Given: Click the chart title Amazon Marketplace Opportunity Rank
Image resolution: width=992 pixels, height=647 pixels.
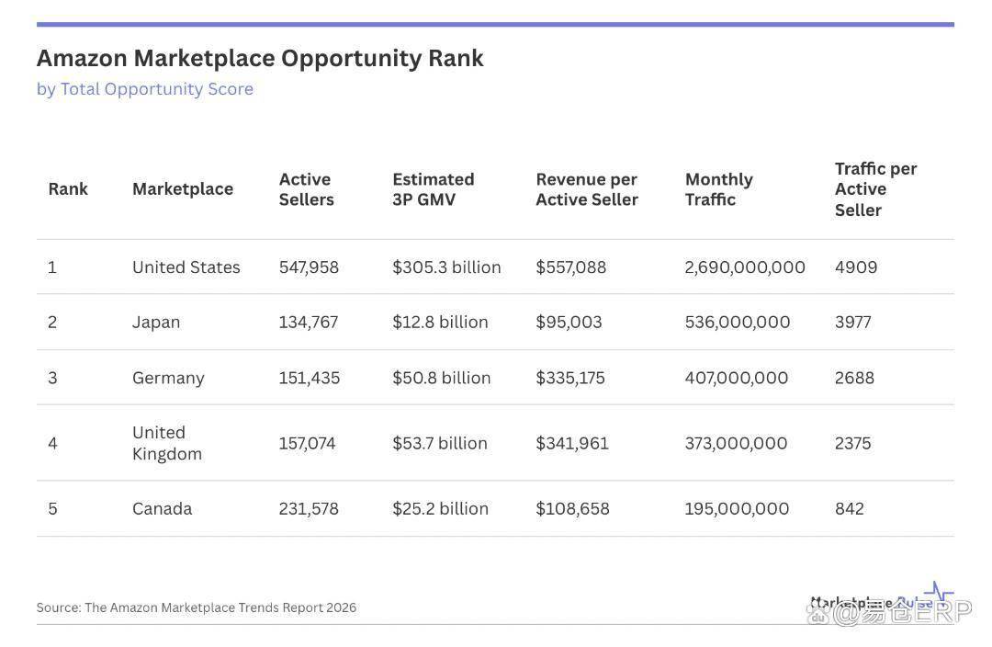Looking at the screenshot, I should [x=260, y=59].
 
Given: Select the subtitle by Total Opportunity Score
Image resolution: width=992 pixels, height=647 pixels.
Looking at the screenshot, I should [x=145, y=89].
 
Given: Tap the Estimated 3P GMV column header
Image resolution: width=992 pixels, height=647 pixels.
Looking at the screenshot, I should [x=433, y=189].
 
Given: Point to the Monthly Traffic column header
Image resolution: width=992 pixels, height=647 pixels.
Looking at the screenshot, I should [x=718, y=189].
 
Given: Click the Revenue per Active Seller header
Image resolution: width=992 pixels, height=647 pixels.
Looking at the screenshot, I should [x=586, y=189].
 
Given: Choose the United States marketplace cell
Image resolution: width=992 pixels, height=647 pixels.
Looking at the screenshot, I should [x=186, y=267].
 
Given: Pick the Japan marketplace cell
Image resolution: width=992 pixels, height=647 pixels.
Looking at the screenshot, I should [x=156, y=323].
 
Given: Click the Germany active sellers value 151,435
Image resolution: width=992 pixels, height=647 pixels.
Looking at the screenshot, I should [x=309, y=378].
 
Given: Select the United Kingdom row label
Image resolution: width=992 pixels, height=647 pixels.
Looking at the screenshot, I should [x=166, y=443].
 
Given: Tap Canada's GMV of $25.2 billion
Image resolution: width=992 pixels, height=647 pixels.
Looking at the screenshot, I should [x=440, y=508].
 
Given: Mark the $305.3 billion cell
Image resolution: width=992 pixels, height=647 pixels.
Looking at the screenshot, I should [x=446, y=267].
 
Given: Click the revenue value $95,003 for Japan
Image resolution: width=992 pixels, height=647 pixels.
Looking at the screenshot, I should [x=569, y=323].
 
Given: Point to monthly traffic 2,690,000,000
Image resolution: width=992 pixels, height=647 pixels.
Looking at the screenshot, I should [x=744, y=267].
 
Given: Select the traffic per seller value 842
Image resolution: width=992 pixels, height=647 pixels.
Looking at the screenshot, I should [x=849, y=508].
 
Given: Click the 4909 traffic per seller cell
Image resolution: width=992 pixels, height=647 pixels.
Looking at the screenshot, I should [x=855, y=267].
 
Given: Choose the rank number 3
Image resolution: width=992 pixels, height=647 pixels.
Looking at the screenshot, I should [x=52, y=378].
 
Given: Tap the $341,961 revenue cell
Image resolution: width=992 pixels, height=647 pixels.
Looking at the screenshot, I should [x=571, y=443].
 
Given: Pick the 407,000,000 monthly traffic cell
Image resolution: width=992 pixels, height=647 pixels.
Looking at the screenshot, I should [x=736, y=378].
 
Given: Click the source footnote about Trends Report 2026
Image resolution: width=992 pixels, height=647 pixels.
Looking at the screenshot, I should [x=196, y=607].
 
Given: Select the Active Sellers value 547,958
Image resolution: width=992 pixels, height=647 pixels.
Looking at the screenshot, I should [x=309, y=267].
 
